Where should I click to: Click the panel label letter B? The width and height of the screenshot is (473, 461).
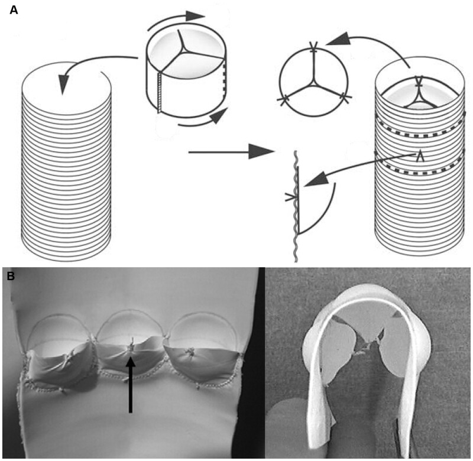point(11,275)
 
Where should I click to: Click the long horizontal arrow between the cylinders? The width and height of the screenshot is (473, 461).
point(231,152)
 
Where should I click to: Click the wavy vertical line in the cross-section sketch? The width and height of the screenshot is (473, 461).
point(294,207)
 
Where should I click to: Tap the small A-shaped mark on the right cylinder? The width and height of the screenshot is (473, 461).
point(420,155)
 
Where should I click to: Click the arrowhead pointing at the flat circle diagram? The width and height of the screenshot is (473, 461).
point(331,41)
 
